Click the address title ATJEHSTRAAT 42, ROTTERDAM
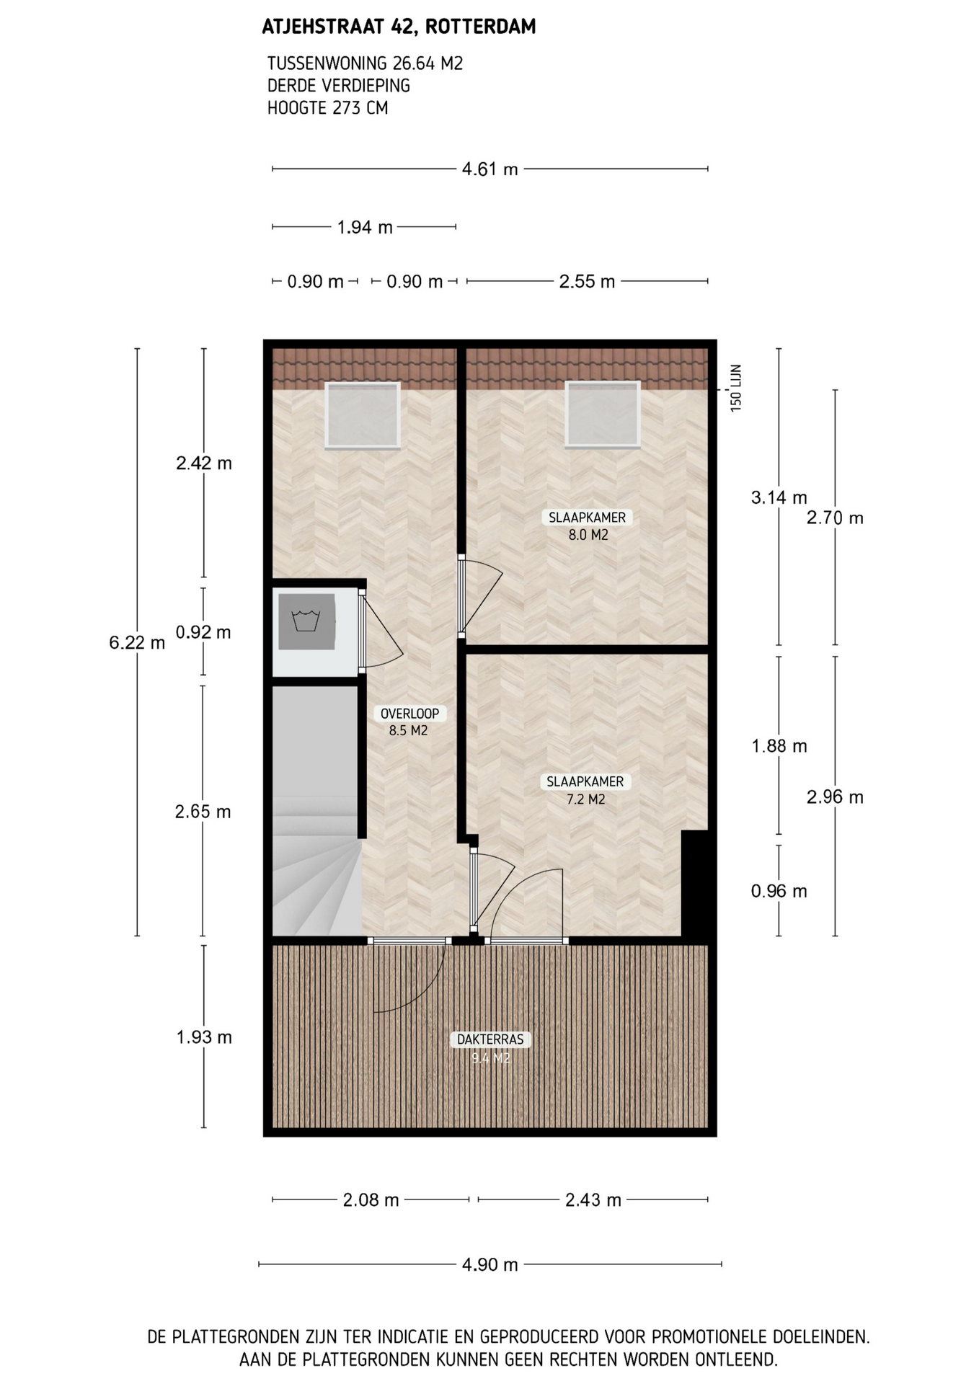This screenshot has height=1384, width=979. [x=399, y=27]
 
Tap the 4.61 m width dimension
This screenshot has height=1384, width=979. [x=489, y=169]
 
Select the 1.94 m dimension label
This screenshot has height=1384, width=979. [x=365, y=228]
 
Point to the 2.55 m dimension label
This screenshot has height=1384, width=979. [x=587, y=281]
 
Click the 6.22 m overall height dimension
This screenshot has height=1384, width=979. [x=137, y=642]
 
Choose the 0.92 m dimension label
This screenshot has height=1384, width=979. [x=203, y=632]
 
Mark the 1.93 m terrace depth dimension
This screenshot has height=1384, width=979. [x=204, y=1037]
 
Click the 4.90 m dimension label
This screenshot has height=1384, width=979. [x=489, y=1264]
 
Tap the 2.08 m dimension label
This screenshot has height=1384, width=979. [x=371, y=1200]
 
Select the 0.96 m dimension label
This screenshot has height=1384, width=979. [x=779, y=891]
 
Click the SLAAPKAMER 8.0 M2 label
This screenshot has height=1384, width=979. [x=588, y=526]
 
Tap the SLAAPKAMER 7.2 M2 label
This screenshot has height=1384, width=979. [x=585, y=790]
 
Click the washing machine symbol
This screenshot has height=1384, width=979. [x=307, y=621]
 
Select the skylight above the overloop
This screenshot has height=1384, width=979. [x=363, y=415]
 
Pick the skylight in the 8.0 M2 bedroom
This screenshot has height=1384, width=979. [x=603, y=414]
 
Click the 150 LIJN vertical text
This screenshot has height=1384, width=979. [x=736, y=389]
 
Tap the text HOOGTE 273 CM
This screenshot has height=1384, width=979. [x=327, y=108]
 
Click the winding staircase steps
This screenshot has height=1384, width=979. [x=316, y=865]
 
